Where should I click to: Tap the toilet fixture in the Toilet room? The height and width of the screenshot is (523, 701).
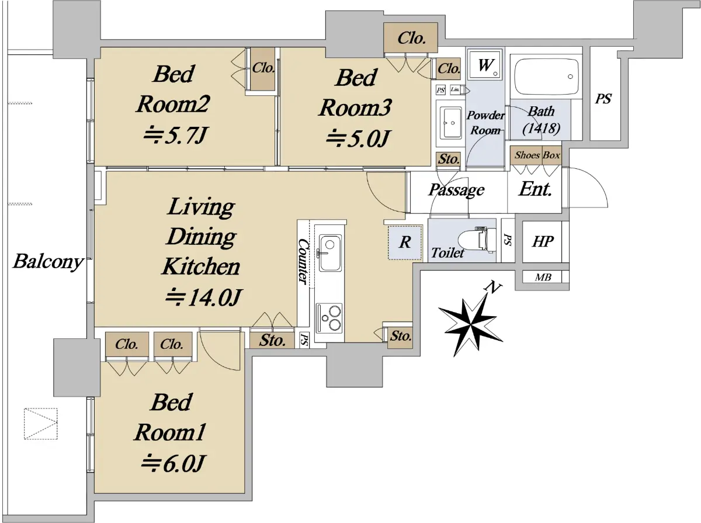(x=477, y=240)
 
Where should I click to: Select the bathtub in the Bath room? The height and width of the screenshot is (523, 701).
(x=546, y=77)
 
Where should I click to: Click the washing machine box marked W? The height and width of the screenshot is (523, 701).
(x=484, y=65)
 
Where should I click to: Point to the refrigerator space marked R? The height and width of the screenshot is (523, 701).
(x=405, y=242)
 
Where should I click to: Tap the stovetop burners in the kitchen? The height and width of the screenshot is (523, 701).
(x=329, y=317)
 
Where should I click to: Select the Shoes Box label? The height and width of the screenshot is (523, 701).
(x=537, y=155)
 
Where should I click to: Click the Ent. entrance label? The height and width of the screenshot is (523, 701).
(x=535, y=189)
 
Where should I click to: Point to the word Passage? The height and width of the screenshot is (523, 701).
(x=456, y=190)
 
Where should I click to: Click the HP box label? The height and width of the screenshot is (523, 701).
(x=542, y=241)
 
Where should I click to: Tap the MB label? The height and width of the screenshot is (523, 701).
(x=543, y=277)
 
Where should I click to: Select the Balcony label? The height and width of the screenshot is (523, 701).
(x=48, y=262)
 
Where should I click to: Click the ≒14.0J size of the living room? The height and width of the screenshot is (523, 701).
(x=203, y=298)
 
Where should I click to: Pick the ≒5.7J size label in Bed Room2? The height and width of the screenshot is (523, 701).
(x=175, y=136)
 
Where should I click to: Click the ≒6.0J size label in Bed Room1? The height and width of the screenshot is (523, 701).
(x=172, y=463)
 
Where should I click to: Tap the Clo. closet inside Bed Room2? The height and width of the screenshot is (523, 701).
(x=262, y=68)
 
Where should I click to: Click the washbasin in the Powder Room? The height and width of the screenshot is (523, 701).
(x=450, y=123)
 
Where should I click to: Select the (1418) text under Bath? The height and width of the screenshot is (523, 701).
(x=541, y=129)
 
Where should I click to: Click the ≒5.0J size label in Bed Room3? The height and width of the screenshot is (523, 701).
(x=358, y=138)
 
